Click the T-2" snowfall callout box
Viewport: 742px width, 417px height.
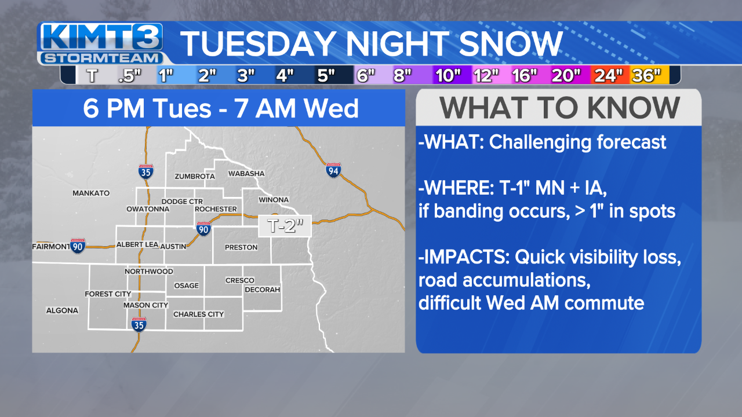point(285,226)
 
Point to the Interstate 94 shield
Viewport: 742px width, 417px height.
point(333,170)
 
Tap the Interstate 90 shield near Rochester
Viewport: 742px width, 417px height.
point(203,229)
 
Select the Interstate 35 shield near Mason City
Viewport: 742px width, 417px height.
point(138,324)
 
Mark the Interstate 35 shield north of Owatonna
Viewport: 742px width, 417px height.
point(146,171)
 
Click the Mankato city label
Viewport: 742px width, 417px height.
point(91,193)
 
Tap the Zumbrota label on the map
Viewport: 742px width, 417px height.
point(194,176)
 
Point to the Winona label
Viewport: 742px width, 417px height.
point(273,200)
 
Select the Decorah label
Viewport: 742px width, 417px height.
point(262,290)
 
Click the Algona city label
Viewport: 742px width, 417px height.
point(62,310)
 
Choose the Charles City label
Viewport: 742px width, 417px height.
point(198,314)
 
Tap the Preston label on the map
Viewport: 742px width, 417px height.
point(241,247)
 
